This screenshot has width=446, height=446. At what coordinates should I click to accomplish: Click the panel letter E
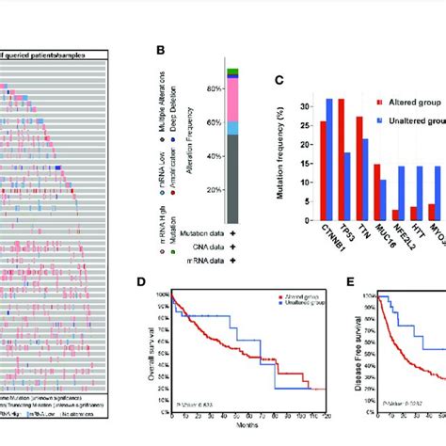coord(329,279)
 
